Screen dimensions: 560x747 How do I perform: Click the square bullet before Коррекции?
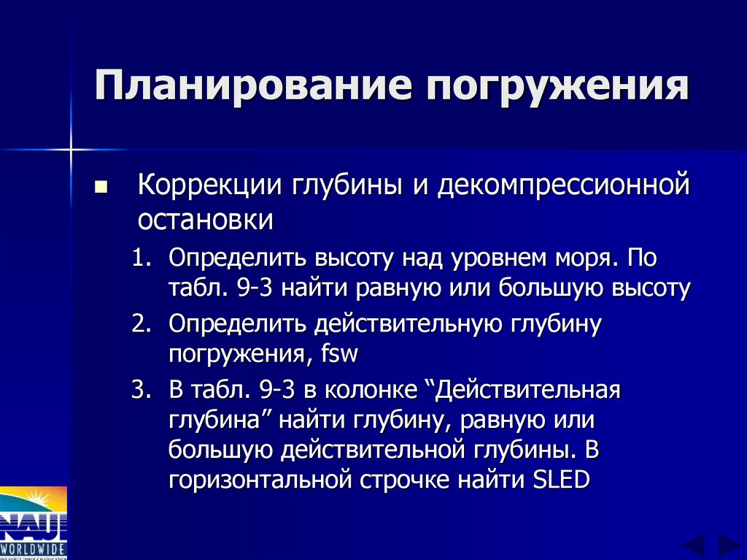[x=101, y=188]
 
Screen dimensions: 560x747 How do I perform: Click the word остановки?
[x=206, y=218]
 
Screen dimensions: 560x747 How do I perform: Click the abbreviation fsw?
[x=339, y=355]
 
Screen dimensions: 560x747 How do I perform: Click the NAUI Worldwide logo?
[x=33, y=523]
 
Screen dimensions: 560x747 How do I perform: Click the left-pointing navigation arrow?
[x=693, y=545]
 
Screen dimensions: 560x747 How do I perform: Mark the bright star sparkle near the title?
[x=71, y=150]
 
